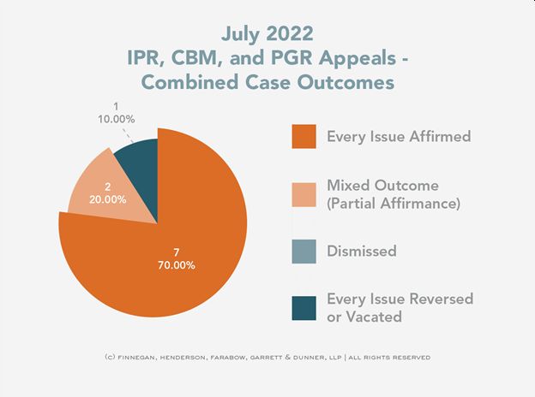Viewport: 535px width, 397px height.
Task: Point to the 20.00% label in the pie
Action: [108, 199]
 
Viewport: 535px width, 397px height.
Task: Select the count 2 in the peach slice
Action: [108, 187]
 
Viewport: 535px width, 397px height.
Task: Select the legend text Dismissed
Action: [361, 252]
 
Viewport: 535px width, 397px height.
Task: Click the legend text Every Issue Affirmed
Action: [399, 136]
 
